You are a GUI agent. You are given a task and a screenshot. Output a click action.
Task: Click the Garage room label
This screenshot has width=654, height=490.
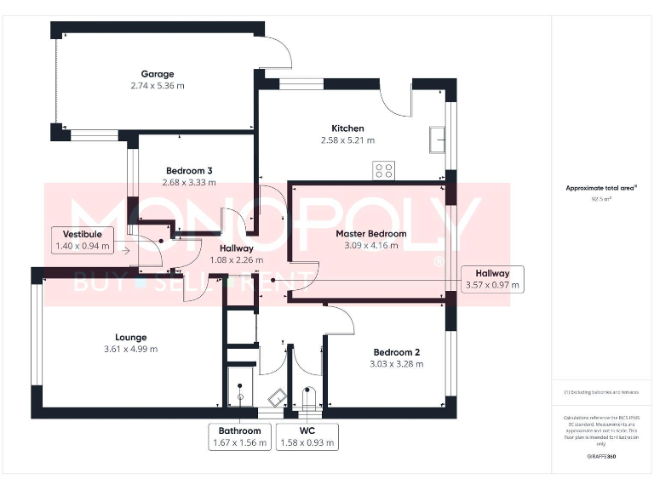tap(158, 74)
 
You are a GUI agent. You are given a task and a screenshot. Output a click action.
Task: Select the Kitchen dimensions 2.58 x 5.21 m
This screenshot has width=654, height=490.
tap(347, 140)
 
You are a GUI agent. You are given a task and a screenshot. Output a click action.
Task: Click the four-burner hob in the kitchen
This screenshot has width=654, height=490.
tap(384, 170)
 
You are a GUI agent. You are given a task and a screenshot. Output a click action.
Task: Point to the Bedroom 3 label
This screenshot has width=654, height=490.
tap(189, 171)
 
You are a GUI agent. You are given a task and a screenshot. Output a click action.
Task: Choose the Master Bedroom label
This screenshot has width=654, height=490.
tap(370, 234)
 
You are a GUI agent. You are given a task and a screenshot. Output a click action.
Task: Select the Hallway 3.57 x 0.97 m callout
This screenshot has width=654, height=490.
tap(493, 280)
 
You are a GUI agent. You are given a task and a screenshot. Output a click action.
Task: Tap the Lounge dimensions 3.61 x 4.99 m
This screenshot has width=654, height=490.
tap(130, 349)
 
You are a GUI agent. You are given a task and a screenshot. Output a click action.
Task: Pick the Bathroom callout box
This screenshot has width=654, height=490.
tap(238, 436)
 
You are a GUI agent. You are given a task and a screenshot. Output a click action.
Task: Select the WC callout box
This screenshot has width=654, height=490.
tap(307, 436)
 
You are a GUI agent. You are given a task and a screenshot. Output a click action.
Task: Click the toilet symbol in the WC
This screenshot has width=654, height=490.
tap(308, 398)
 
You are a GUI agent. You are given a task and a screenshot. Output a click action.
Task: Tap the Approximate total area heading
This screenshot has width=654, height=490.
tap(602, 188)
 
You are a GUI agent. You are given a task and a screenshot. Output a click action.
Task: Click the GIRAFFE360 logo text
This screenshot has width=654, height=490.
tap(602, 457)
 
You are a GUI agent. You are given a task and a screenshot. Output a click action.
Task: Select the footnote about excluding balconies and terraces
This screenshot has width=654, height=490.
tap(602, 392)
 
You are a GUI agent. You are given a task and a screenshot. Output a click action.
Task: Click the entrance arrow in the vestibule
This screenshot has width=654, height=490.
tap(124, 251)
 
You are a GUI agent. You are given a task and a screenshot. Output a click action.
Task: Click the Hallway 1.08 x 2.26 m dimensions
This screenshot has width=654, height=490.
tap(236, 260)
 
